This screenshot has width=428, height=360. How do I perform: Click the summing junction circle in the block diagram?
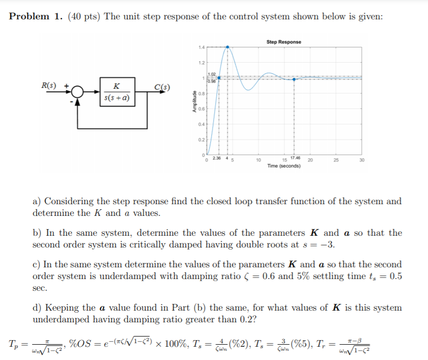click(x=78, y=92)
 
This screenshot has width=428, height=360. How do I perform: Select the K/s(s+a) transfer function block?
click(x=118, y=92)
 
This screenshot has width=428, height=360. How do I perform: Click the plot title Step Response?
click(x=283, y=42)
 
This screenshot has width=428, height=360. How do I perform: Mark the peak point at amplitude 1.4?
click(x=227, y=47)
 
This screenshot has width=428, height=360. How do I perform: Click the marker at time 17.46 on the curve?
click(x=294, y=77)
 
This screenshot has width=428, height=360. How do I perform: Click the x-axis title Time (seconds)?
click(x=283, y=166)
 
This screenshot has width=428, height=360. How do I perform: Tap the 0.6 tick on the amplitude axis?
click(x=202, y=108)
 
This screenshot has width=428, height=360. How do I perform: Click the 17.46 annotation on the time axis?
click(x=295, y=158)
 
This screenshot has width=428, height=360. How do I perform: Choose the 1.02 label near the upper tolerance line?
click(x=211, y=75)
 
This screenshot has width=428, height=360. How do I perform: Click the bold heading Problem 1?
click(x=35, y=16)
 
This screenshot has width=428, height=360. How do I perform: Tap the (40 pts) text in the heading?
click(x=83, y=16)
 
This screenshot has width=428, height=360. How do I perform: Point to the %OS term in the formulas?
click(x=80, y=344)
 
